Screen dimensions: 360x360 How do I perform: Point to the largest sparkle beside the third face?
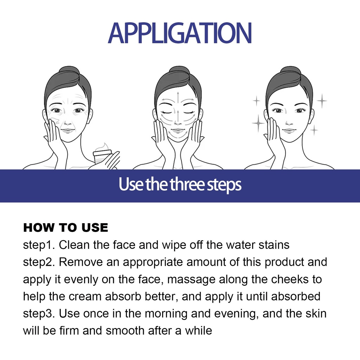tap(258, 123)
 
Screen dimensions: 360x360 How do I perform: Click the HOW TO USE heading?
tap(66, 227)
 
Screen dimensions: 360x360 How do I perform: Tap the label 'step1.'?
tap(39, 245)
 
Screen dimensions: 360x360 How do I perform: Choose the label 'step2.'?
tap(39, 262)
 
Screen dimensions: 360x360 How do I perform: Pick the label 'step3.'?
tap(39, 314)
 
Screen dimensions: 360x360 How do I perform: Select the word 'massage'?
tap(191, 280)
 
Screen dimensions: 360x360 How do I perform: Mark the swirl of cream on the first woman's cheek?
tap(55, 121)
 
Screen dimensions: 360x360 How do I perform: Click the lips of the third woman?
tap(289, 131)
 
